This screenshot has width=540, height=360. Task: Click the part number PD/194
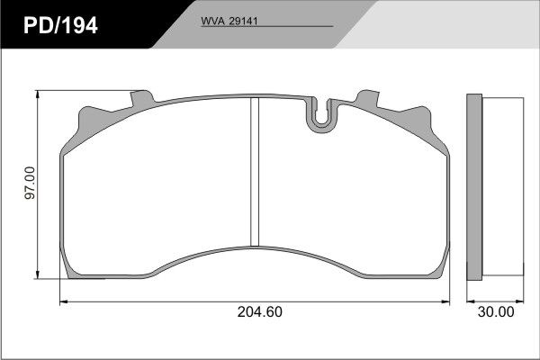pyautogui.click(x=60, y=25)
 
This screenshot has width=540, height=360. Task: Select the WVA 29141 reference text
pyautogui.click(x=229, y=21)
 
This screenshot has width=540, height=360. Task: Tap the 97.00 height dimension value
pyautogui.click(x=31, y=183)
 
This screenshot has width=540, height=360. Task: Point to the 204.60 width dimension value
pyautogui.click(x=260, y=311)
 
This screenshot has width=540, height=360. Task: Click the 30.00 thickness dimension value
pyautogui.click(x=496, y=311)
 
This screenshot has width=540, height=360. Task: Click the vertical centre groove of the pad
pyautogui.click(x=255, y=172)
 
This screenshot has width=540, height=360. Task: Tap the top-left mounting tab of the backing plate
pyautogui.click(x=142, y=98)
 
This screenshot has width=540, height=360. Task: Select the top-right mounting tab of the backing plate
pyautogui.click(x=367, y=98)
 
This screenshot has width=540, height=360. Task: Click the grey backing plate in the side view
pyautogui.click(x=474, y=187)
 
